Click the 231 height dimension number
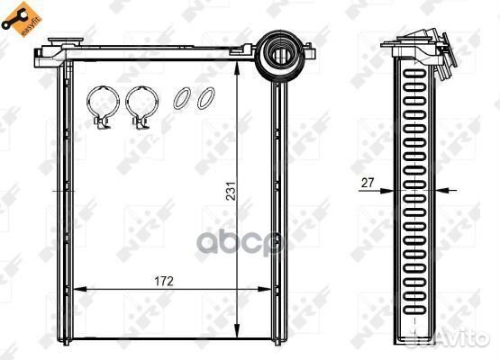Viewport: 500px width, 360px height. point(231,191)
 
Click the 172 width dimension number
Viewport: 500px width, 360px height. point(164,282)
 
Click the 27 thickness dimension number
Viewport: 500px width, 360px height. point(368,183)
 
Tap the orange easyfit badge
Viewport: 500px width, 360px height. point(22,19)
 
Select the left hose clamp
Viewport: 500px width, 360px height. point(103,108)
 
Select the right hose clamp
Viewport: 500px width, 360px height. point(141,108)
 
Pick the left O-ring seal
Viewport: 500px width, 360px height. point(182,99)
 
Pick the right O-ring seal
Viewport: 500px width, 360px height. point(206,98)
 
